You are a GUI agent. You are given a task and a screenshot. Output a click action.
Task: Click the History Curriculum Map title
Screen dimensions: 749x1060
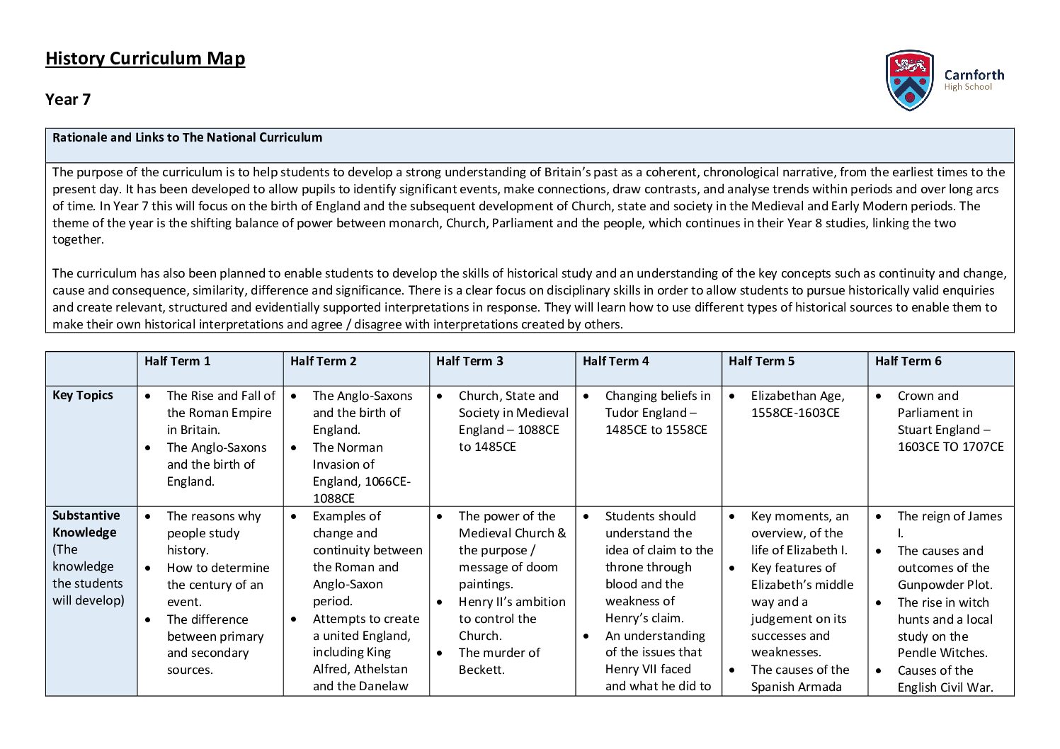[145, 58]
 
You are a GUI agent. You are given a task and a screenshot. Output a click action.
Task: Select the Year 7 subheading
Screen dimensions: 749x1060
[68, 99]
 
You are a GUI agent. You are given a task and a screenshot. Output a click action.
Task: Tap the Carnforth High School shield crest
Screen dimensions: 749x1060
[909, 80]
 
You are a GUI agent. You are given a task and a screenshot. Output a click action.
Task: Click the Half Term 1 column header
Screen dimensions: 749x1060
[177, 361]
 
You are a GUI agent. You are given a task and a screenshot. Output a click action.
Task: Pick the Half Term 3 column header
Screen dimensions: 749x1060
[469, 361]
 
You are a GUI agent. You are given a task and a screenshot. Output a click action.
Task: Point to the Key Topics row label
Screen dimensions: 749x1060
[83, 395]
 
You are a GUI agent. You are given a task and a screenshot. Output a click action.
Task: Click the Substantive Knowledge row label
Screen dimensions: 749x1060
[86, 524]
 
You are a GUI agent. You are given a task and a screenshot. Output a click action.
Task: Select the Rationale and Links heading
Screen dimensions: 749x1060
[187, 137]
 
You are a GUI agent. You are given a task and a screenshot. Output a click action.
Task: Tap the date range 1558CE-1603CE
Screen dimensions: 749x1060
[795, 413]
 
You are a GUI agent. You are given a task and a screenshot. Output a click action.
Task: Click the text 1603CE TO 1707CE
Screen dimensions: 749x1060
[950, 447]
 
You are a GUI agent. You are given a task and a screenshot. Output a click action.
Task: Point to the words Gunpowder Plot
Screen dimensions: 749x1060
[945, 585]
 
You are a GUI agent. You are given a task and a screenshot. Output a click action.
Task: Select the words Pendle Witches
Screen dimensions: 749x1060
[942, 653]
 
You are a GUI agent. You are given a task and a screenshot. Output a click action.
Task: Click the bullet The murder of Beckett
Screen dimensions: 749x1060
[498, 661]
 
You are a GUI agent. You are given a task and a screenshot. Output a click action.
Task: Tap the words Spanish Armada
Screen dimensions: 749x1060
[796, 687]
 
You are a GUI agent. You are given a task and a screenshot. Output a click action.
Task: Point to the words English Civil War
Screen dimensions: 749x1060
[945, 687]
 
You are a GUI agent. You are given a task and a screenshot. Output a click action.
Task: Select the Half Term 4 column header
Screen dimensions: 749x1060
[615, 361]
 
